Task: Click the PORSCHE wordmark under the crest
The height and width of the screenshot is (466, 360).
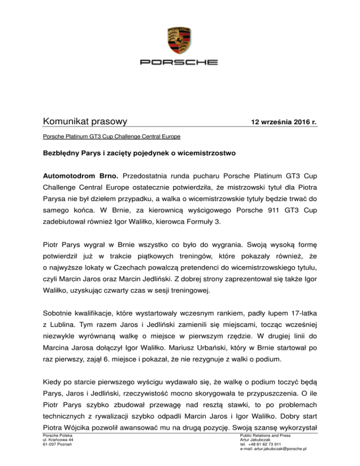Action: (180, 62)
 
